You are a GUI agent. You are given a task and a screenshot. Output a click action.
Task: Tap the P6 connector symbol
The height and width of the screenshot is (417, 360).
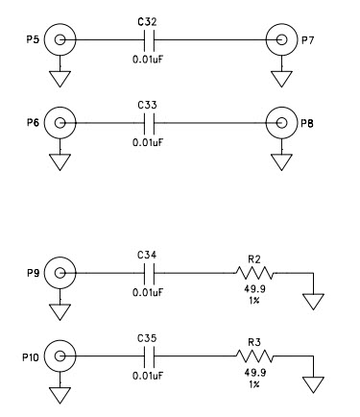point(60,123)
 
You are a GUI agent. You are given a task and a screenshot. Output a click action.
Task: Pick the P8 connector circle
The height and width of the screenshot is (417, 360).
point(281,123)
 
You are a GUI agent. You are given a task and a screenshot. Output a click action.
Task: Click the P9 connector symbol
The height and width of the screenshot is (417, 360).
point(60,274)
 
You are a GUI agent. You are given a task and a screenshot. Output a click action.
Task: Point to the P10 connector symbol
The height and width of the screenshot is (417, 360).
point(60,357)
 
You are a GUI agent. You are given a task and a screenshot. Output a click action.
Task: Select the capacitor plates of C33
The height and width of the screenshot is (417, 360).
point(148,123)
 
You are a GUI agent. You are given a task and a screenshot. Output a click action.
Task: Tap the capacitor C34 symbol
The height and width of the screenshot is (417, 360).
point(148,274)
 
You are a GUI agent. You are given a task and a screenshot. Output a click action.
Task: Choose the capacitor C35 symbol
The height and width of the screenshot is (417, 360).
point(148,357)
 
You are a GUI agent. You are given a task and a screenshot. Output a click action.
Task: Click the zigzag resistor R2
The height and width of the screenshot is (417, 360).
point(254,274)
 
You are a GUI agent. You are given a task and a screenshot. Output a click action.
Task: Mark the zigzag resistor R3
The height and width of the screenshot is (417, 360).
point(254,357)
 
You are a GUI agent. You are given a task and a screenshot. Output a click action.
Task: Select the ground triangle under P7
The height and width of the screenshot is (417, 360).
point(281,77)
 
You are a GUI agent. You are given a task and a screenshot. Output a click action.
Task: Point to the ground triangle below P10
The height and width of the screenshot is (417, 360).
point(60,394)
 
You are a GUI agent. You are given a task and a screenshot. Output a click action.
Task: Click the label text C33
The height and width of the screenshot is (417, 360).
point(147,103)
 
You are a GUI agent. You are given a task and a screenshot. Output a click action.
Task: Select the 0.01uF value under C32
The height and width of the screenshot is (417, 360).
point(148,59)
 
